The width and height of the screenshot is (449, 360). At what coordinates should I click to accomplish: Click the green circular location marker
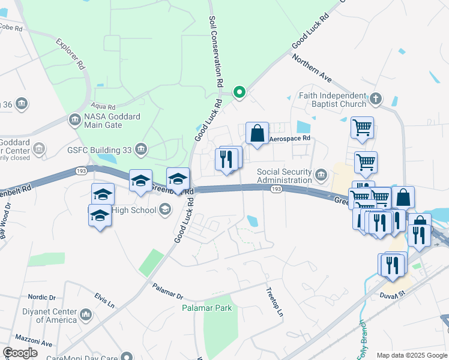point(239,92)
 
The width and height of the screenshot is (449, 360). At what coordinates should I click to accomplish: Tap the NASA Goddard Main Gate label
point(103,121)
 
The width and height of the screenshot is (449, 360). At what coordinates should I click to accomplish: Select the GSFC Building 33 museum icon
point(141,148)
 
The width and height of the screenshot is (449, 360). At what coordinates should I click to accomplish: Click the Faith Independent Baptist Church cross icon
point(376,98)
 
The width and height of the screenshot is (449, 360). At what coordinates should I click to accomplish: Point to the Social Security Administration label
point(285,175)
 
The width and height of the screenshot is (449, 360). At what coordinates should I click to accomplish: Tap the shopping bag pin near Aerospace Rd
point(257,133)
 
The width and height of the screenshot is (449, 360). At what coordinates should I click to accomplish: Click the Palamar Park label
point(206,308)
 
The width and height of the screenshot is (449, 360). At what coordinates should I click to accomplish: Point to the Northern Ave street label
point(312,69)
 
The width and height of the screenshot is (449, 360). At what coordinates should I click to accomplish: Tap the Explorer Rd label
point(70,55)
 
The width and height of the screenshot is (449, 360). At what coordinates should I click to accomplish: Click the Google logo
point(20,353)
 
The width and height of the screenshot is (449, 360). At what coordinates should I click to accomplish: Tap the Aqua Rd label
point(103,106)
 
